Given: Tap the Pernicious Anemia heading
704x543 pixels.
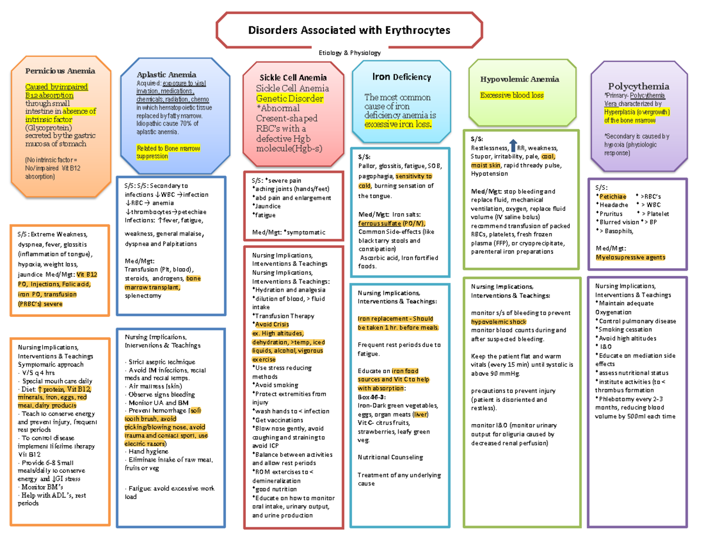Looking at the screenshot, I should coord(59,70).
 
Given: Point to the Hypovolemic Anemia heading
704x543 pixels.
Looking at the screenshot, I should coord(519,79).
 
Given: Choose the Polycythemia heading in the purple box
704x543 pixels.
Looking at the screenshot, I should coord(638,86).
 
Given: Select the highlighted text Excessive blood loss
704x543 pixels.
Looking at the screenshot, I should coord(512,95).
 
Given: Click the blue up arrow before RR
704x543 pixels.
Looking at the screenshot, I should coord(513,146).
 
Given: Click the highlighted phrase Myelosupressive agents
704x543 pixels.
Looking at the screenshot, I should coord(630,257).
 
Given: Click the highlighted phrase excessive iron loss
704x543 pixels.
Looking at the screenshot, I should coord(397,125).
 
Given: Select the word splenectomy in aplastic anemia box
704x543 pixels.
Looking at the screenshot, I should coord(143,296).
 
